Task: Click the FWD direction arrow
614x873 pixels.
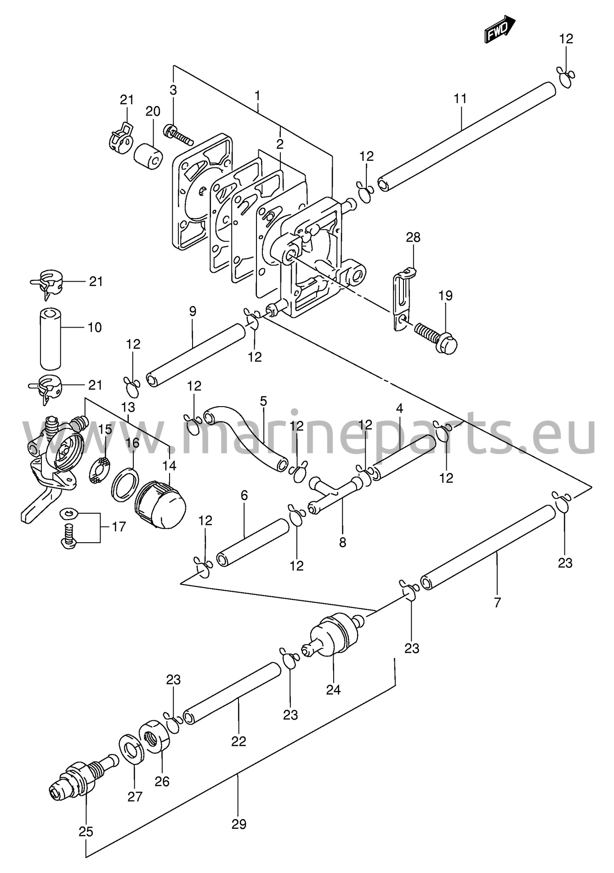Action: (x=500, y=28)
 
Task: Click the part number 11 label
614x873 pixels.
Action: (x=460, y=98)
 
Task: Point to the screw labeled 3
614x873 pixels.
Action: (x=178, y=132)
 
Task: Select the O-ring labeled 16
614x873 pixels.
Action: (x=125, y=481)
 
